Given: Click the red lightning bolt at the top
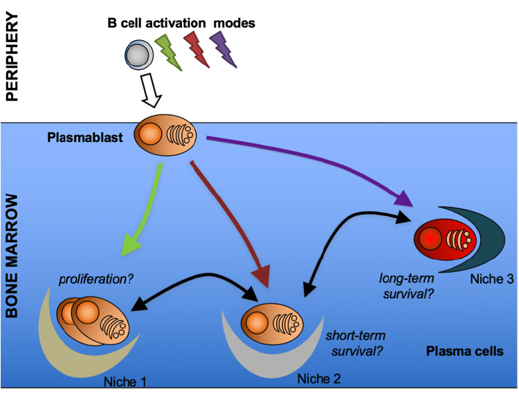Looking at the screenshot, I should [197, 50].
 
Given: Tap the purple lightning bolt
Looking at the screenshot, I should [224, 51].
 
